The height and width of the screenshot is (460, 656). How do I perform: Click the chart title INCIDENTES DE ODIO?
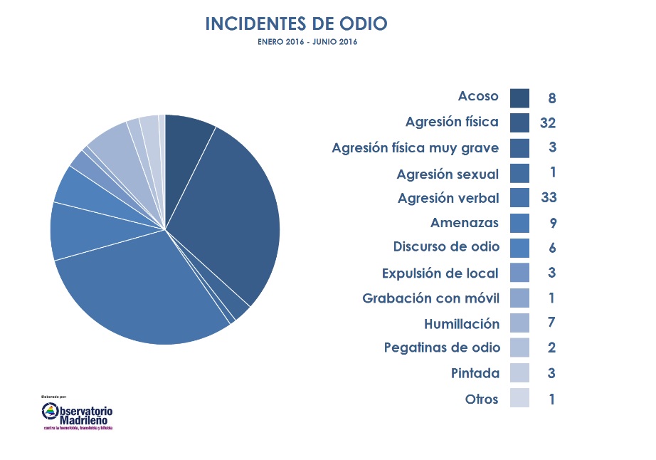click(296, 23)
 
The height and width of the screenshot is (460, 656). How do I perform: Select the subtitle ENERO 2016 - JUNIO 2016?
click(307, 42)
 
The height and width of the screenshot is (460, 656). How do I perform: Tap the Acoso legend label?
click(478, 97)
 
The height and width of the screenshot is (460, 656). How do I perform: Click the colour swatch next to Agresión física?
click(519, 122)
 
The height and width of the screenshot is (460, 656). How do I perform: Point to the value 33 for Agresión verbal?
click(548, 198)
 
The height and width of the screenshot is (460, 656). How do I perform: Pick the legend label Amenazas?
click(465, 223)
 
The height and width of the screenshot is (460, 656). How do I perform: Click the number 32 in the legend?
click(547, 123)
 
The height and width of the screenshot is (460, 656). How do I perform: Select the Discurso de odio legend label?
click(446, 247)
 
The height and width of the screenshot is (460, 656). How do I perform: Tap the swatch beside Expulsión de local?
click(519, 273)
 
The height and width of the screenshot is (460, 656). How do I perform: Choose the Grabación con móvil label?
click(430, 298)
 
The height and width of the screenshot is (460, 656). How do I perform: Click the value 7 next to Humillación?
click(551, 323)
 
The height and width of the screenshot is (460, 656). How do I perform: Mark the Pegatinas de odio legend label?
click(441, 347)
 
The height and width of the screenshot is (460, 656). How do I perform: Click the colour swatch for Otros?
click(519, 398)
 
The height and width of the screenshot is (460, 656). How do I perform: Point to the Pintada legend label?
click(475, 373)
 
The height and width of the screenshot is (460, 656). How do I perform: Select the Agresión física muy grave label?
click(416, 148)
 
